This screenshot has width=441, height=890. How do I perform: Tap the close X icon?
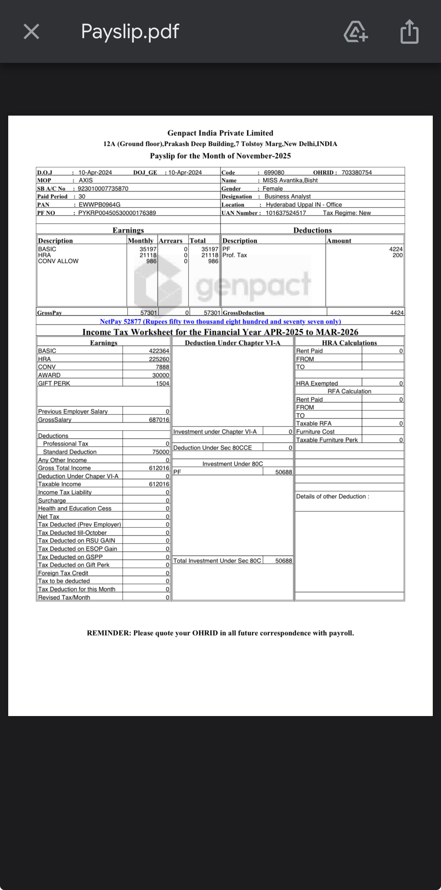coord(31,31)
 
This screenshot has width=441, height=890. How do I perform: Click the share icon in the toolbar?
coord(409,32)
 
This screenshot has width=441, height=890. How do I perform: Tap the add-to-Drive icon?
coord(355,32)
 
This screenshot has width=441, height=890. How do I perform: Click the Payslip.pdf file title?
coord(130,31)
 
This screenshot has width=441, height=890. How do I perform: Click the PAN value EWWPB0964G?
coord(99,205)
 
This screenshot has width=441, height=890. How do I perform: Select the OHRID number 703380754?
coord(356,172)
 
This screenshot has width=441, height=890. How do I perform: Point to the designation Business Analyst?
coord(287,196)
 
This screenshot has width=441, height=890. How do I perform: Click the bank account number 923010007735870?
coord(103,189)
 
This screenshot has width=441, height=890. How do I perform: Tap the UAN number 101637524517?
coord(286,213)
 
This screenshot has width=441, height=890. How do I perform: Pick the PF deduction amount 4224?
coord(396,249)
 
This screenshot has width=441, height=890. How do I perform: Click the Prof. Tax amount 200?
coord(398,255)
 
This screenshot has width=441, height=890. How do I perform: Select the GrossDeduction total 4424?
coord(397,313)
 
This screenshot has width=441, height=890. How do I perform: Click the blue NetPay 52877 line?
coord(220,321)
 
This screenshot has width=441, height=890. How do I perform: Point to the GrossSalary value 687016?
coord(159,420)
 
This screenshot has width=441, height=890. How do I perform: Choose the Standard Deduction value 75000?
coord(160,452)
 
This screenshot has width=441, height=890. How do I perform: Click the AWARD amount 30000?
coord(160,375)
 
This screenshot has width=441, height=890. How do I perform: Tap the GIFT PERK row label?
coord(54,383)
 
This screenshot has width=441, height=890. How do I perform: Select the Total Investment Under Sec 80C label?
coord(217,561)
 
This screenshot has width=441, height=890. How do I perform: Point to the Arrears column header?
coord(171,241)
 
